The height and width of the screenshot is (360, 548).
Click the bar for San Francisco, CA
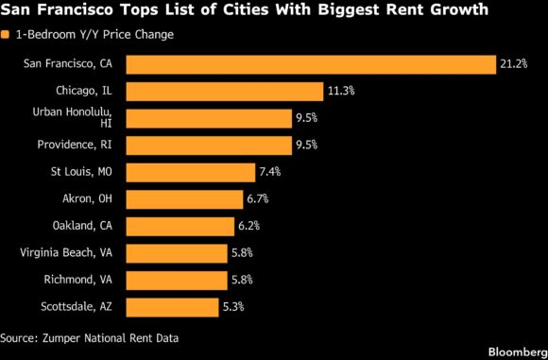tap(311, 64)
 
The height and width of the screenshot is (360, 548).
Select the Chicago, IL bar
tap(225, 92)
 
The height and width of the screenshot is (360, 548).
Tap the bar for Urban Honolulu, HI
tap(209, 118)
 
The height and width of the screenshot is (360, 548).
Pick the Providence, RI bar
tap(209, 146)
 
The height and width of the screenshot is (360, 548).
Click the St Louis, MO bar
tap(191, 172)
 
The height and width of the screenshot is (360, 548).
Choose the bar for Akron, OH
tap(184, 199)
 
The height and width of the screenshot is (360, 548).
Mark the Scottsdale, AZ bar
tap(172, 307)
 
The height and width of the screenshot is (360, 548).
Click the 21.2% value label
tap(513, 64)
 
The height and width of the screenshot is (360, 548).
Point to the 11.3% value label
tap(341, 91)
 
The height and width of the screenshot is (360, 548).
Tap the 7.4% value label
tap(270, 172)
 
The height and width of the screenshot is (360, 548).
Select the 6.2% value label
tap(248, 226)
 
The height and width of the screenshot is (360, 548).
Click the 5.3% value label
tap(233, 306)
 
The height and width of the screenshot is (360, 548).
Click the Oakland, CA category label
tap(82, 226)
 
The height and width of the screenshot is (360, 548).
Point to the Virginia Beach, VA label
tap(66, 252)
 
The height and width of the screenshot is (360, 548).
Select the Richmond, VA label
tap(78, 280)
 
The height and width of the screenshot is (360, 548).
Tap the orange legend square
tap(5, 35)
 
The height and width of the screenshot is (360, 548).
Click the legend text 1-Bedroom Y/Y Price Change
tap(94, 35)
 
